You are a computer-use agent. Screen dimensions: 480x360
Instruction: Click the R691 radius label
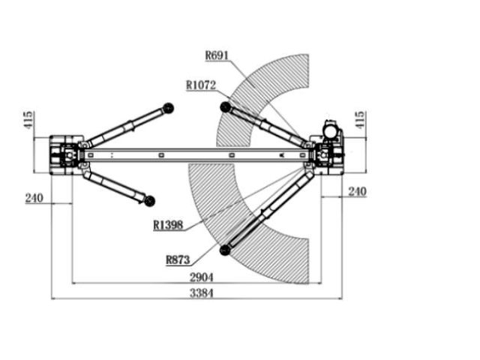click(217, 55)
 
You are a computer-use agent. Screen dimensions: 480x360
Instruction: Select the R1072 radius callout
click(201, 85)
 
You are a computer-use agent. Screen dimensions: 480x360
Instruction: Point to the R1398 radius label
click(168, 225)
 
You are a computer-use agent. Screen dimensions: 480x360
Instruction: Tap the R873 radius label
click(178, 260)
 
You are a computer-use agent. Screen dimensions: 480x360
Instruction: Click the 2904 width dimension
click(202, 277)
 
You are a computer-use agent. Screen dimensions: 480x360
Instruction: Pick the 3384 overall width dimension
click(202, 293)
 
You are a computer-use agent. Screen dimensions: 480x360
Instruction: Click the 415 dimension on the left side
click(28, 120)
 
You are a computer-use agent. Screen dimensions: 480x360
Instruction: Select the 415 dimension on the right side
click(360, 120)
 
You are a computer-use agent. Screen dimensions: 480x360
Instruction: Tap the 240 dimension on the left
click(34, 198)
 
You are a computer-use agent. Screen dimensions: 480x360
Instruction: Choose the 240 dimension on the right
click(357, 192)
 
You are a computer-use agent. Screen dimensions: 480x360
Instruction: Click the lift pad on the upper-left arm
click(168, 108)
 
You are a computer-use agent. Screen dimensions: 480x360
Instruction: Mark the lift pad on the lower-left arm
click(149, 201)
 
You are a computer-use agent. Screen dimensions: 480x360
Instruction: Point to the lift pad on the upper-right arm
click(225, 107)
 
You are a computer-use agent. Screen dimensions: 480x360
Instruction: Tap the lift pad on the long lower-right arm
click(225, 250)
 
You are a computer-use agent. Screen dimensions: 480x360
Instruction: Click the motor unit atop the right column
click(331, 130)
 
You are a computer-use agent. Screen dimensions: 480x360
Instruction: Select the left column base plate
click(66, 155)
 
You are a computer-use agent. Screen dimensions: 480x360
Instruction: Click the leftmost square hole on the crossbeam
click(91, 155)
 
